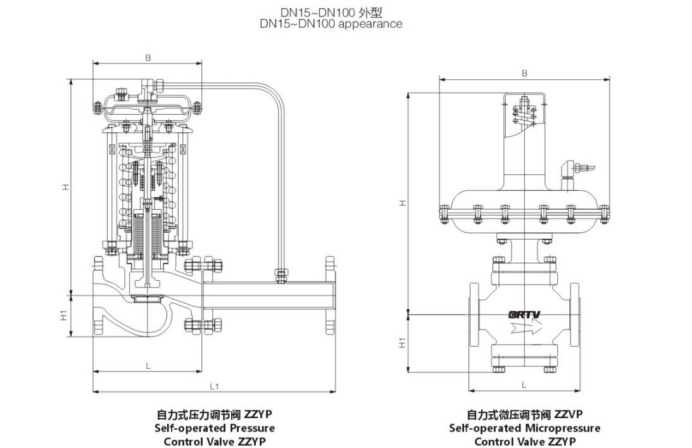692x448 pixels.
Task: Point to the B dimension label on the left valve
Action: click(148, 58)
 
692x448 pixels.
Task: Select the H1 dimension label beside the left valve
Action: click(64, 316)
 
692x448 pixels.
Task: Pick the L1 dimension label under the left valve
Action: click(215, 386)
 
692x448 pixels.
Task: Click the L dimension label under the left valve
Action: click(148, 366)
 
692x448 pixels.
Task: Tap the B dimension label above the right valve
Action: click(524, 74)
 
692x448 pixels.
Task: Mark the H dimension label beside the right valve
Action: click(402, 203)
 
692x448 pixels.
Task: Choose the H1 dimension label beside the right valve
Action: click(402, 343)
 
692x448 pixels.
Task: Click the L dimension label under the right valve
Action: click(524, 385)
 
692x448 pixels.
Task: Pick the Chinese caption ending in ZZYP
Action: click(215, 414)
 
